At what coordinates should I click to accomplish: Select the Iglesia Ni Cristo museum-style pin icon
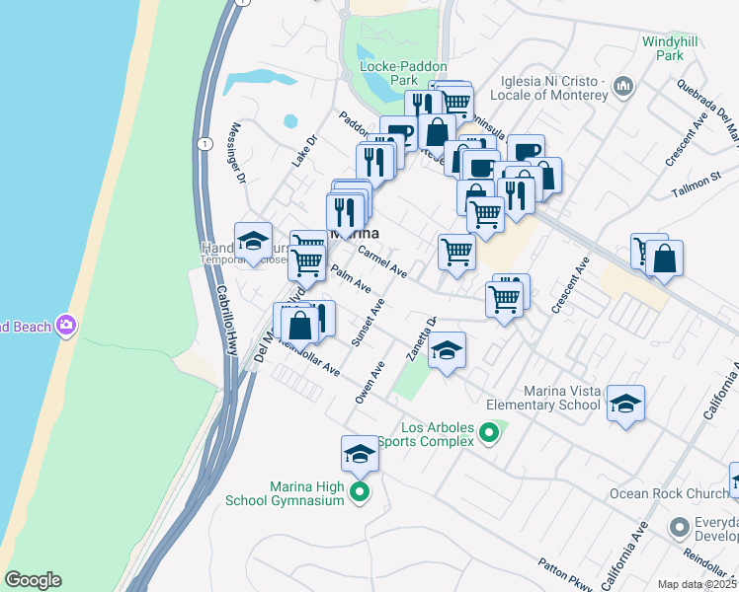tap(623, 87)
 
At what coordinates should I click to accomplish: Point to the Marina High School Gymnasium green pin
tap(360, 491)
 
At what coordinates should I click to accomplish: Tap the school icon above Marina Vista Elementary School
tap(625, 404)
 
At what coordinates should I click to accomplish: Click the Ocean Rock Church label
tap(657, 493)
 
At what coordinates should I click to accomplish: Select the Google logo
tap(33, 580)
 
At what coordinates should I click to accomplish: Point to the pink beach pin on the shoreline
tap(66, 325)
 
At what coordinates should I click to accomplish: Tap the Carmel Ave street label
tap(383, 260)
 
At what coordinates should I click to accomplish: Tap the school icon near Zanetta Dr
tap(447, 350)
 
